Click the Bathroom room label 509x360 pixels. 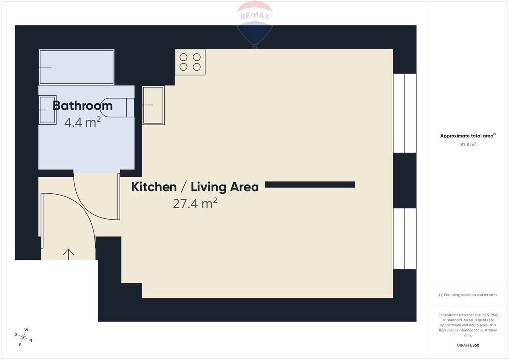click(x=83, y=106)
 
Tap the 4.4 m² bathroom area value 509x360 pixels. click(x=83, y=122)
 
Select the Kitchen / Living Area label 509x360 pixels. click(x=195, y=187)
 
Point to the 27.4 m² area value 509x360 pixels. click(x=195, y=203)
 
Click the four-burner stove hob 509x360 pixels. click(x=190, y=62)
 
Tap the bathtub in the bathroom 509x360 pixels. click(x=76, y=67)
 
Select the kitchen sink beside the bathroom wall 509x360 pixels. click(x=153, y=105)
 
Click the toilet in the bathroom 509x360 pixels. click(x=117, y=107)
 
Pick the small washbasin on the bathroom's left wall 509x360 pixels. click(x=47, y=110)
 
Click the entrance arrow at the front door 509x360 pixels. click(x=68, y=254)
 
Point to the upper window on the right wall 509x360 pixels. click(x=405, y=113)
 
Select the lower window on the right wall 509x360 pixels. click(x=405, y=239)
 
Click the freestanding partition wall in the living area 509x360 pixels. click(x=310, y=185)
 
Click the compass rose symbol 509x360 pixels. click(x=23, y=337)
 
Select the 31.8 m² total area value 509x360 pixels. click(x=468, y=145)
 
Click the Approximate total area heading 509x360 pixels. click(x=468, y=136)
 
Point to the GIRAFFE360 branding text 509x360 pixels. click(x=468, y=345)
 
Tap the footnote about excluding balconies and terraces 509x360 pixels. click(x=468, y=295)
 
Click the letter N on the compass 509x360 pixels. click(x=31, y=341)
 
